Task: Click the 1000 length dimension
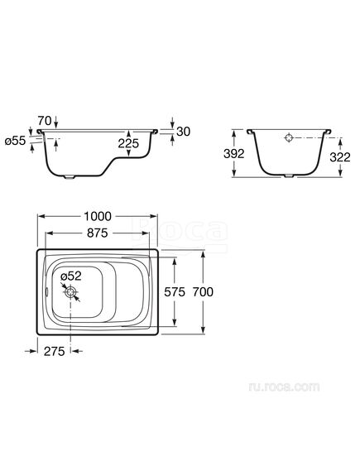pos(98,216)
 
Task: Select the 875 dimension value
pos(98,233)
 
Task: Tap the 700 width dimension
pos(203,291)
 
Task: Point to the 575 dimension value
pos(175,291)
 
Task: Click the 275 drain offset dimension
pos(55,351)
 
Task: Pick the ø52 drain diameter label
pos(71,276)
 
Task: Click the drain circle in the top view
pos(71,291)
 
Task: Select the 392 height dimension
pos(234,153)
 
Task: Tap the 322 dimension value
pos(340,156)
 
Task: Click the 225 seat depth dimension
pos(128,143)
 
